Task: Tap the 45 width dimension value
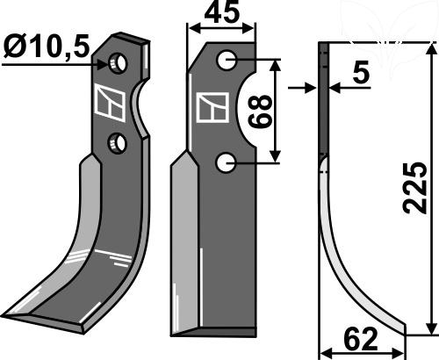[x=222, y=12]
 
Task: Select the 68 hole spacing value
[x=260, y=112]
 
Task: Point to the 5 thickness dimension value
[x=361, y=73]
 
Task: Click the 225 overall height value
[x=415, y=187]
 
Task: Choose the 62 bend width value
[x=360, y=339]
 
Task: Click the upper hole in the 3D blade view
[x=118, y=63]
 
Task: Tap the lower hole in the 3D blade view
[x=118, y=143]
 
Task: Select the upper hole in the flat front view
[x=226, y=60]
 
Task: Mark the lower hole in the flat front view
[x=226, y=163]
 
